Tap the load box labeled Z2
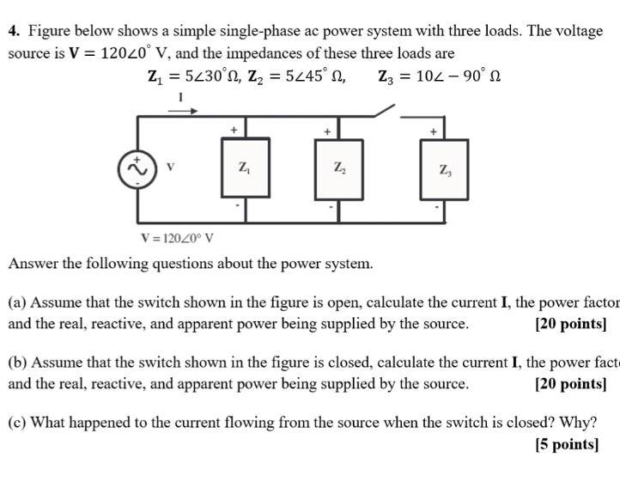339,168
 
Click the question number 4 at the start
14,32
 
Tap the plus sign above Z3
434,131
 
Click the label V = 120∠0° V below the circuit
177,239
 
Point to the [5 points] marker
566,444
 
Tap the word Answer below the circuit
32,264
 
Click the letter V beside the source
172,166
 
